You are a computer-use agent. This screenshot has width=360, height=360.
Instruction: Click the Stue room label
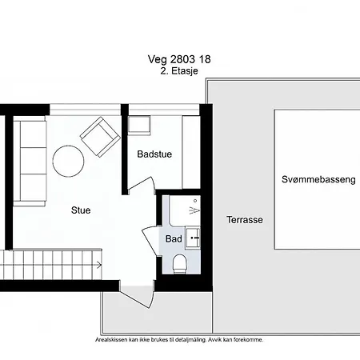(81, 210)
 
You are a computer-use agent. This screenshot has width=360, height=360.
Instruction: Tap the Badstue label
(154, 154)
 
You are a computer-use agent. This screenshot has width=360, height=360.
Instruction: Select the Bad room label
(174, 239)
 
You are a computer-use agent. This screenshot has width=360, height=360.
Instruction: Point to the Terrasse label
(245, 220)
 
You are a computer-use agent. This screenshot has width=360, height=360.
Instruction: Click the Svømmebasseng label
(318, 179)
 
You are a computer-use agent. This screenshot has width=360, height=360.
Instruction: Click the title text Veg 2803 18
(179, 59)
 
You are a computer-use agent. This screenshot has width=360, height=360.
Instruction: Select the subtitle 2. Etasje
(179, 71)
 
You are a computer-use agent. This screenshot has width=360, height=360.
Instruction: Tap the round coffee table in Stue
(68, 161)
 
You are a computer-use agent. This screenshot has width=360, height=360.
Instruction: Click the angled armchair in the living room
(100, 137)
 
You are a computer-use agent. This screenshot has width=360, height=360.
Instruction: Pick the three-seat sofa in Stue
(30, 163)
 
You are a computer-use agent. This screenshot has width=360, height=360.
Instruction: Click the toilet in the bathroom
(179, 264)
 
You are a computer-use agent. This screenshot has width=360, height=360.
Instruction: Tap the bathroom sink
(193, 238)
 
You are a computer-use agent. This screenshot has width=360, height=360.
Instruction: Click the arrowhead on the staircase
(99, 265)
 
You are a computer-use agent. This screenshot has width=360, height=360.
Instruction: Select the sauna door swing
(142, 184)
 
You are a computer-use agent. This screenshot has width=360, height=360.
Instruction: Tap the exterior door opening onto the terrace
(137, 295)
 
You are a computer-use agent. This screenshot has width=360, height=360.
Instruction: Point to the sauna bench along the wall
(191, 152)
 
